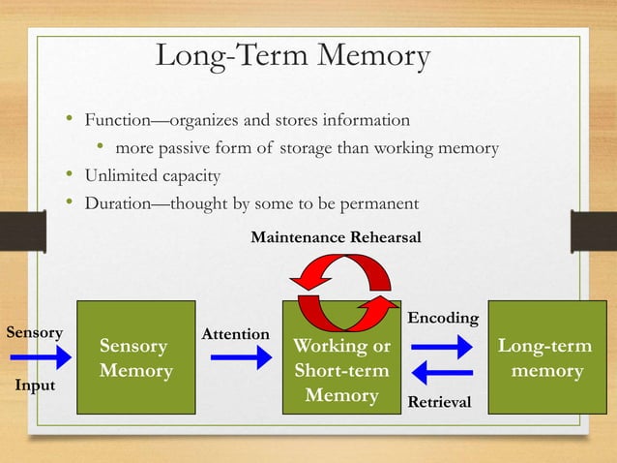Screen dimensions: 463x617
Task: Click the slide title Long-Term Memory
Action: (292, 56)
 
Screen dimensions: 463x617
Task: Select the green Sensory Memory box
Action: (134, 358)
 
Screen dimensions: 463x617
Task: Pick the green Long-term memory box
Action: (544, 358)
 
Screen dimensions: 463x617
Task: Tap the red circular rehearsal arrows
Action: (343, 281)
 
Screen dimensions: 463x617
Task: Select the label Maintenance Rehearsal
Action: (336, 237)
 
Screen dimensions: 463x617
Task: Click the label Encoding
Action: (444, 318)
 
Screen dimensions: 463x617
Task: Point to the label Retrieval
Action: (441, 400)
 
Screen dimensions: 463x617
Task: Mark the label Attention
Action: (235, 333)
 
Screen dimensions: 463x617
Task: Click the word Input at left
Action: (34, 386)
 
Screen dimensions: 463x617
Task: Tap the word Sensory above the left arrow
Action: (35, 332)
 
